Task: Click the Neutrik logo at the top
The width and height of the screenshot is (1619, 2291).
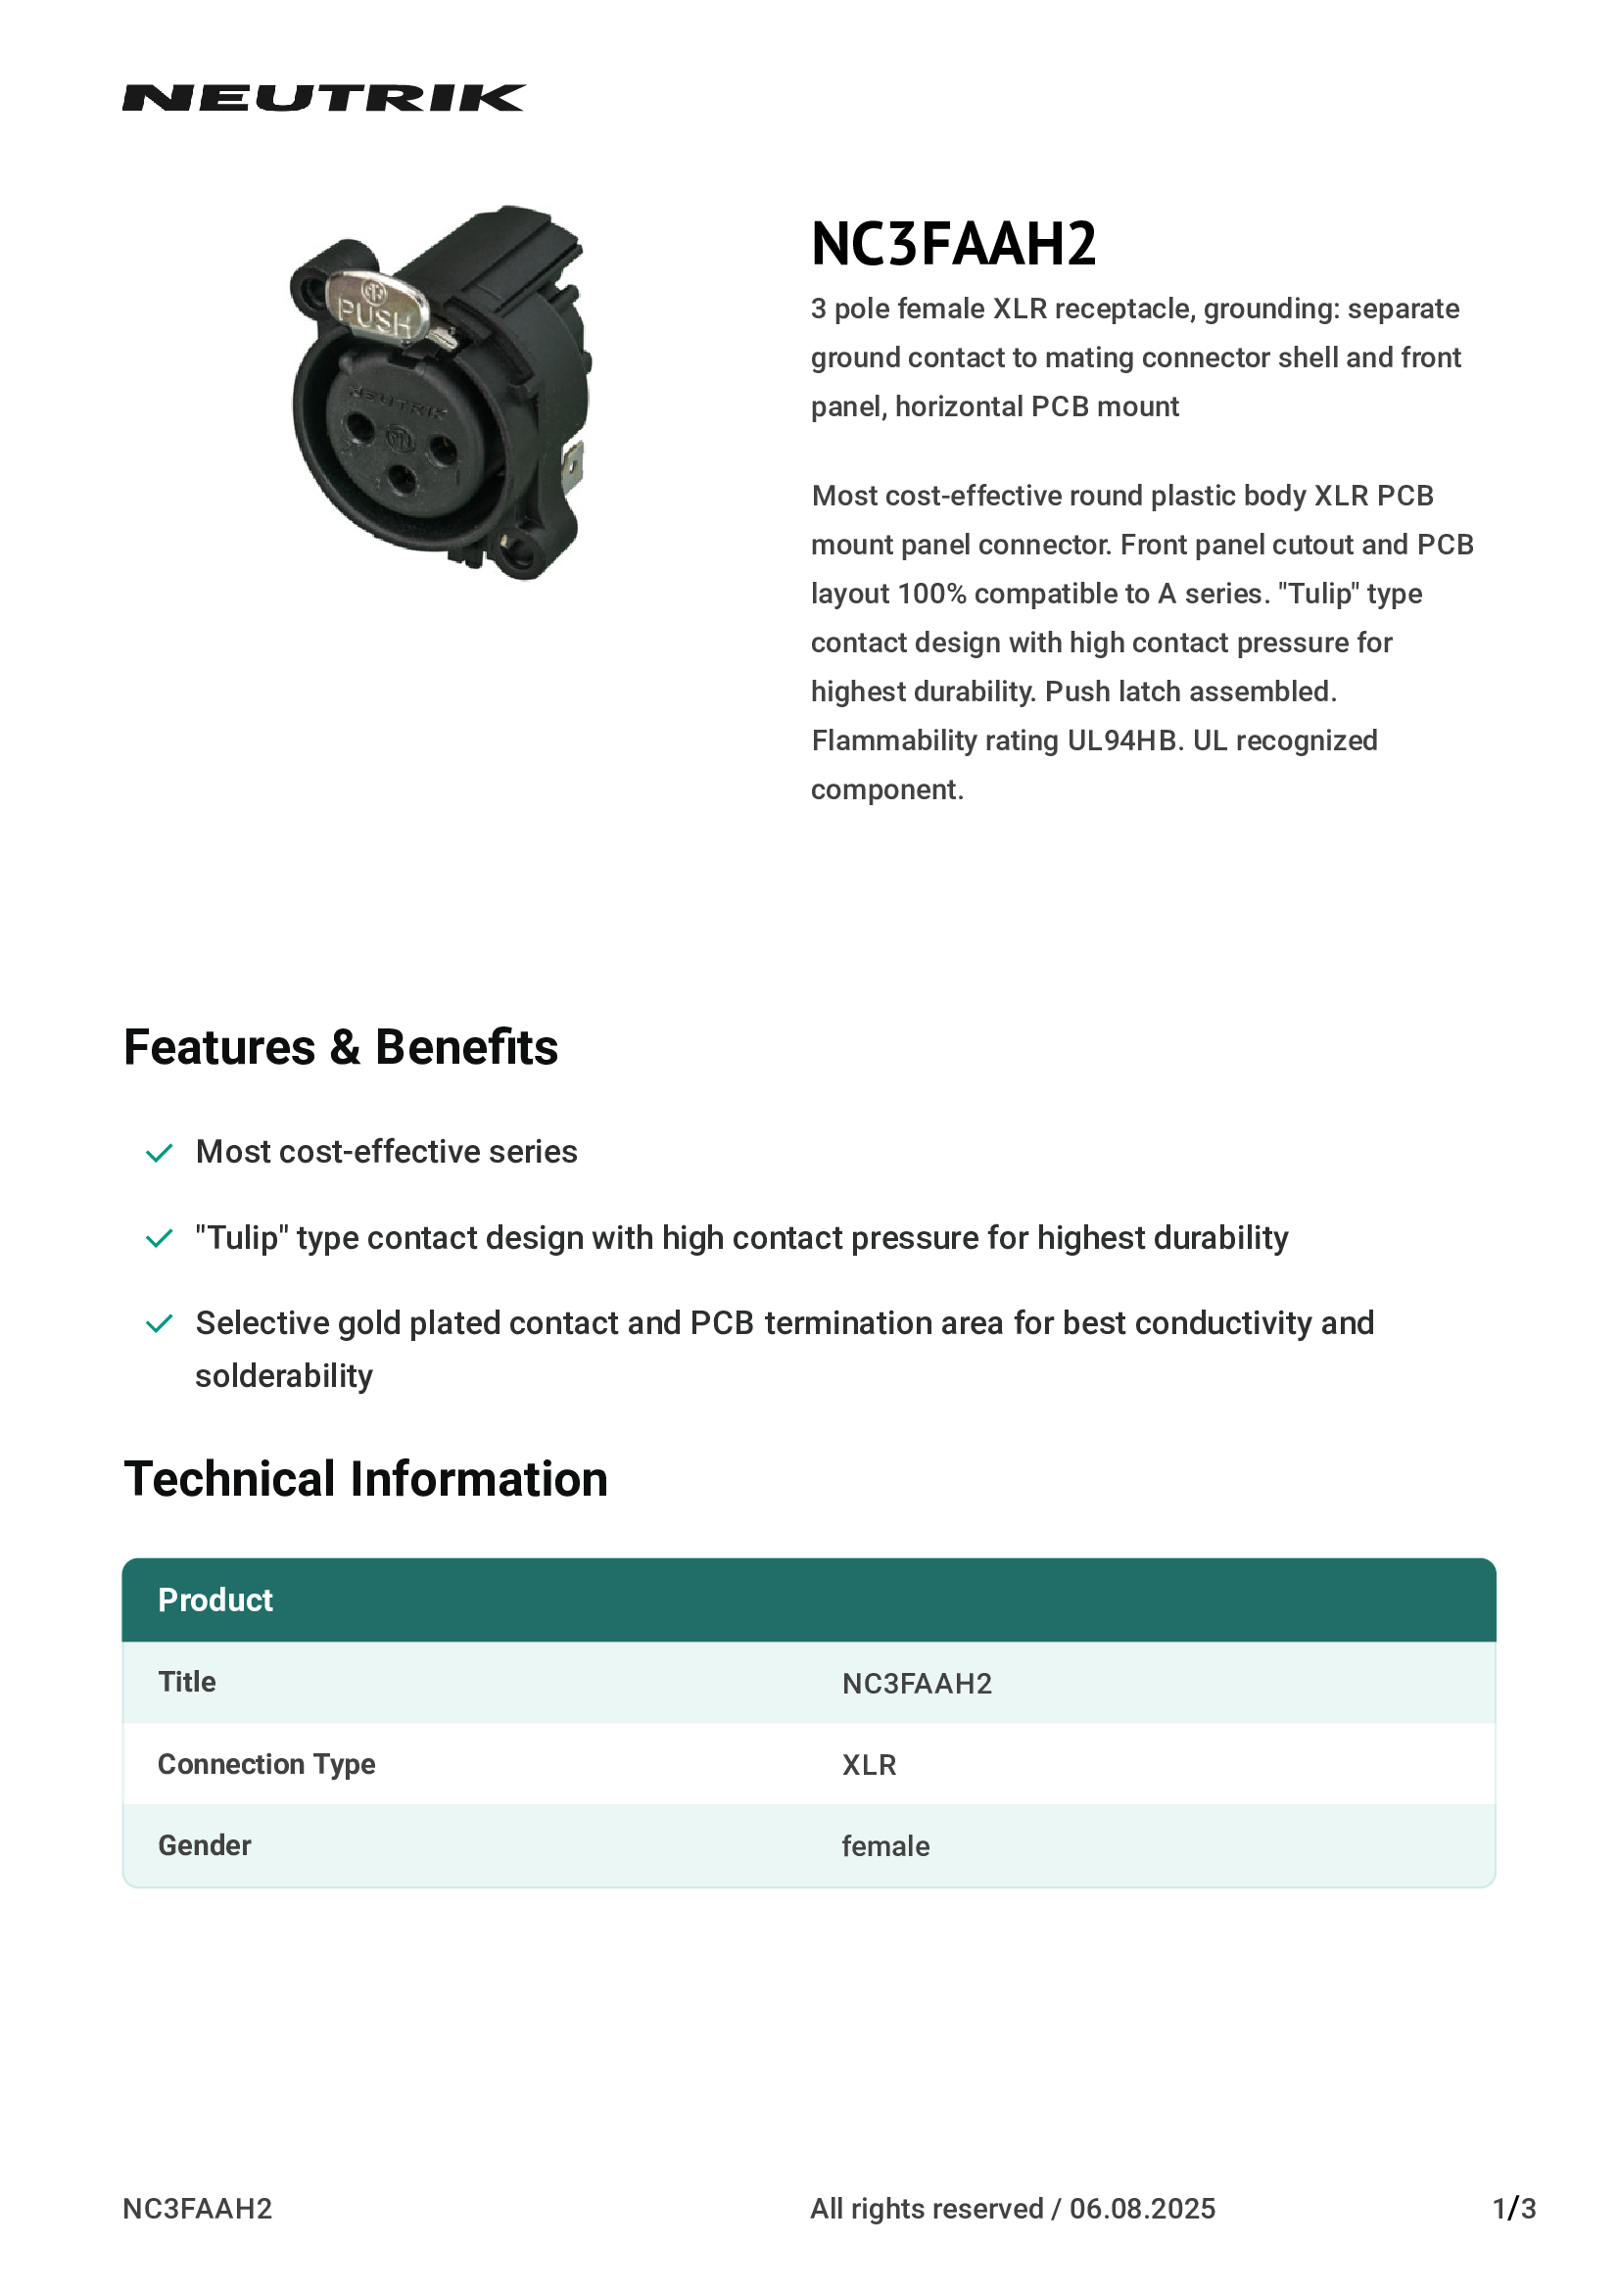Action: (323, 98)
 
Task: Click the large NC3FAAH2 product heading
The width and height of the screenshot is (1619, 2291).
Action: (953, 245)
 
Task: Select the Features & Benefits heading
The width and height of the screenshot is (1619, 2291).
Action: (340, 1048)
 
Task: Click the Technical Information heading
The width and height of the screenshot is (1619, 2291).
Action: (365, 1479)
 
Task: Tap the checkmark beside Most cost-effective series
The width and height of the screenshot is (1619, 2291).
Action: (160, 1154)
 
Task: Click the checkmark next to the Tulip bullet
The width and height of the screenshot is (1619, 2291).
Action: (160, 1239)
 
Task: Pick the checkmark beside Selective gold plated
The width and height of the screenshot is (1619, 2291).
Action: (160, 1324)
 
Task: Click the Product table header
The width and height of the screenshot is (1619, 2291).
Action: (215, 1599)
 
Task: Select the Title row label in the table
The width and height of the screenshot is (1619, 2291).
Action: (186, 1683)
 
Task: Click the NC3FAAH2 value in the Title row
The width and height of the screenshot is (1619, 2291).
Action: (916, 1685)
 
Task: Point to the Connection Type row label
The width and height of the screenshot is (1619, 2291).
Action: (266, 1764)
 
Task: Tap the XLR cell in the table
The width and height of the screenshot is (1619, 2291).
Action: (868, 1765)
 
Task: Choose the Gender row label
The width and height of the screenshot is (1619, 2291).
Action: (205, 1846)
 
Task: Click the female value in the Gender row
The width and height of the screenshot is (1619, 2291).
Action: (884, 1847)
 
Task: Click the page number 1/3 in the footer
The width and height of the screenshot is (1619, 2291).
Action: (1513, 2208)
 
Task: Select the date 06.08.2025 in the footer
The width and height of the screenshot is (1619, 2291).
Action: (1142, 2208)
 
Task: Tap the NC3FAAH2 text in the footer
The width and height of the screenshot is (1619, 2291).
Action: (198, 2208)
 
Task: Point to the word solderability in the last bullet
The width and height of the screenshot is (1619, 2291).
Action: (283, 1376)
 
